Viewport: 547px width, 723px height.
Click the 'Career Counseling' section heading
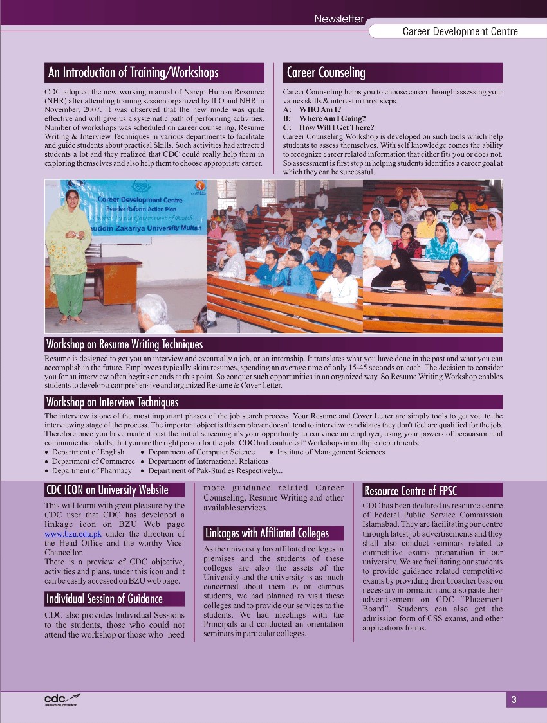pyautogui.click(x=326, y=73)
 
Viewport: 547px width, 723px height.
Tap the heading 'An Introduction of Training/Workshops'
pyautogui.click(x=133, y=73)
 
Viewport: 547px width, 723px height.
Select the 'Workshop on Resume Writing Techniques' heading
pyautogui.click(x=124, y=344)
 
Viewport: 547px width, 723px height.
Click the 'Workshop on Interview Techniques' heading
pyautogui.click(x=112, y=402)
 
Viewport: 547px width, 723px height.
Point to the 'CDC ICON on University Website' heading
pyautogui.click(x=107, y=490)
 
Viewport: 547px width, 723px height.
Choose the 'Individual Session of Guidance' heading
pyautogui.click(x=104, y=599)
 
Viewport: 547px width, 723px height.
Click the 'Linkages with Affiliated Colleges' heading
pyautogui.click(x=266, y=533)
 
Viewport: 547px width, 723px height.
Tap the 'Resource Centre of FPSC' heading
pyautogui.click(x=411, y=491)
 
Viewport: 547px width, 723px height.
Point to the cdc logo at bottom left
pyautogui.click(x=61, y=700)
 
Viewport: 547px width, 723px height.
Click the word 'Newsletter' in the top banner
pyautogui.click(x=338, y=19)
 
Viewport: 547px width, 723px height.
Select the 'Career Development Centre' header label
pyautogui.click(x=460, y=31)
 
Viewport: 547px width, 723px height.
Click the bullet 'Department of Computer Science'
pyautogui.click(x=201, y=452)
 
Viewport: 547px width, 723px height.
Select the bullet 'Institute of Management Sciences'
pyautogui.click(x=331, y=452)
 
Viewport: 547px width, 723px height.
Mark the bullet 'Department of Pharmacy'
pyautogui.click(x=92, y=471)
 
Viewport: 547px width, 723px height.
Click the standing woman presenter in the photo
pyautogui.click(x=69, y=257)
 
